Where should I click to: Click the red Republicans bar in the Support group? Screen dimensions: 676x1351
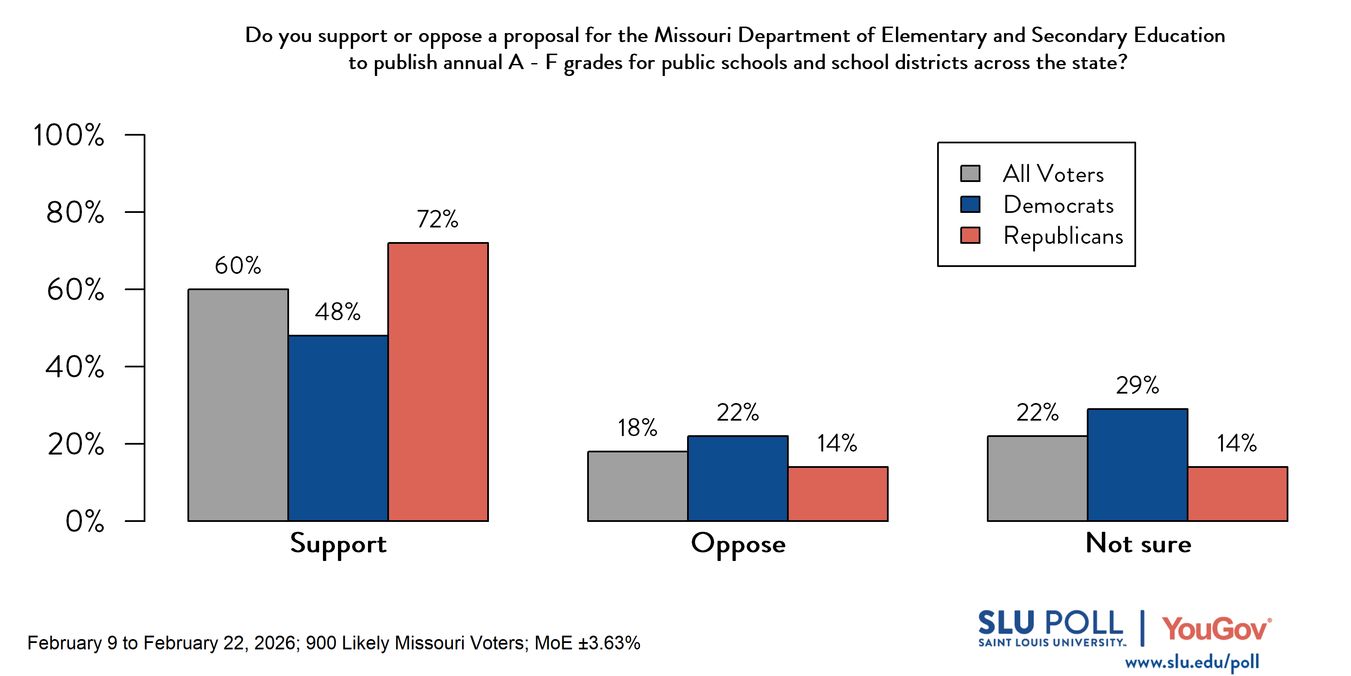click(438, 382)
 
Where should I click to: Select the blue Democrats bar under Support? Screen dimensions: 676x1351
click(338, 428)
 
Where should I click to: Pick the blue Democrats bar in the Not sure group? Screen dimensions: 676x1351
click(1137, 464)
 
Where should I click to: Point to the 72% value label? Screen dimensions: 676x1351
click(437, 219)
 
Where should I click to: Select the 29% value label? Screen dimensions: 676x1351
click(1137, 385)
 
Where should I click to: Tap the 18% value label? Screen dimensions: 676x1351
click(637, 428)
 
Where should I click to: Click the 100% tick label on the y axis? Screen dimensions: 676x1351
click(69, 135)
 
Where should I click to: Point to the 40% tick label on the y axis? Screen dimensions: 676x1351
click(75, 367)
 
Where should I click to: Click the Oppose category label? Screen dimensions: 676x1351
click(738, 544)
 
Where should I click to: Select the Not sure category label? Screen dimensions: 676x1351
click(1138, 543)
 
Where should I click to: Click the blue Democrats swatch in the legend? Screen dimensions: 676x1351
click(970, 204)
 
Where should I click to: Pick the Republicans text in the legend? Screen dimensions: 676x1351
click(1063, 236)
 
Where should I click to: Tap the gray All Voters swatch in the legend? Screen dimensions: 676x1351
click(970, 173)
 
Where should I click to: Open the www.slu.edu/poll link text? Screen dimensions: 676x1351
click(1191, 662)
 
